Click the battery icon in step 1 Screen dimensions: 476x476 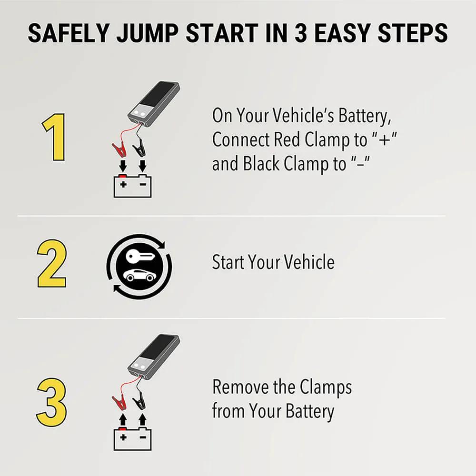pyautogui.click(x=132, y=186)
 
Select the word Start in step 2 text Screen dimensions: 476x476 pyautogui.click(x=228, y=262)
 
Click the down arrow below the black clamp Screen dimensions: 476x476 pyautogui.click(x=142, y=166)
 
